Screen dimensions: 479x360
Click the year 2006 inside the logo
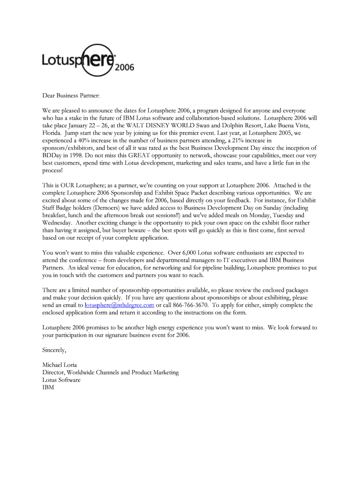coord(124,67)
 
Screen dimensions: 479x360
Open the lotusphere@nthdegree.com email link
coord(119,305)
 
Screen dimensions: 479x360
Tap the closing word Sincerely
coord(54,350)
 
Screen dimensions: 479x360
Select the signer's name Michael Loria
coord(60,365)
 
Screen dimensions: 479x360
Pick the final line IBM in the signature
coord(48,387)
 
